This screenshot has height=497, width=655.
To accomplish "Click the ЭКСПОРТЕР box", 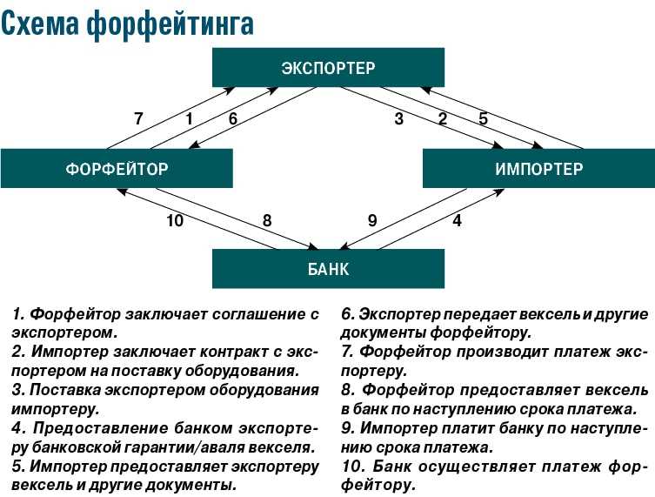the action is point(328,67).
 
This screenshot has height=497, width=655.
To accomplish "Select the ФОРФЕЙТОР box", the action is point(117,169).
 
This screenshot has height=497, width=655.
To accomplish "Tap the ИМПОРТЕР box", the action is point(538,169).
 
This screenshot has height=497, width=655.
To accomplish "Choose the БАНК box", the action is point(328,269).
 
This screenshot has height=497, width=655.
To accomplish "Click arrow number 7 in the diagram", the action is point(171,118).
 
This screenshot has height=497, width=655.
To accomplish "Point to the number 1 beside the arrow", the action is point(190,118).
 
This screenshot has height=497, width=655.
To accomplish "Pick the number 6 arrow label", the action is point(232,118).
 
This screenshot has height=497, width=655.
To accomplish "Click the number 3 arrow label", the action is point(399,118).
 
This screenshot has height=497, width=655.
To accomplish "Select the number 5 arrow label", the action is point(484,118).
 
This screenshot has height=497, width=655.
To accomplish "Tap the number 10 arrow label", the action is point(175,220).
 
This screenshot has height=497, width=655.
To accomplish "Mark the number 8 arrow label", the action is point(267,220).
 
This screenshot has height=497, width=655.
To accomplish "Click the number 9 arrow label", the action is point(372,220).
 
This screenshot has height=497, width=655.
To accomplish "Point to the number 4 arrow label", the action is point(458,220).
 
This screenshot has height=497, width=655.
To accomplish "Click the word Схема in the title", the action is point(40,24).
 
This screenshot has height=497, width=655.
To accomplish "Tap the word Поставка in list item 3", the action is point(65,390).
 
